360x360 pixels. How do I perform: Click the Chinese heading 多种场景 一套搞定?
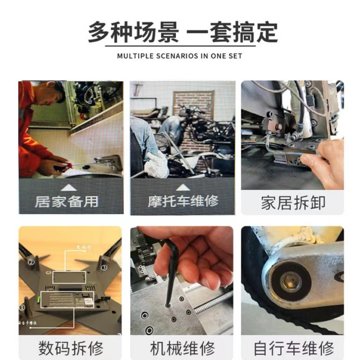click(182, 32)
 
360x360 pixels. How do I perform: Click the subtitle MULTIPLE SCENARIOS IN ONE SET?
click(180, 56)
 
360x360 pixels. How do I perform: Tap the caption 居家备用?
click(66, 201)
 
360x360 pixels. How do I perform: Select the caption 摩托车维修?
click(183, 201)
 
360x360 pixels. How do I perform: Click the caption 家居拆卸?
click(293, 203)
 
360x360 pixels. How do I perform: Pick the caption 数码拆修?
click(71, 348)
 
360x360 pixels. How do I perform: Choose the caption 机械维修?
click(182, 348)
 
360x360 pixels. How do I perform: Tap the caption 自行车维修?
click(293, 348)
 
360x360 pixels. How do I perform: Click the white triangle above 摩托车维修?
click(183, 188)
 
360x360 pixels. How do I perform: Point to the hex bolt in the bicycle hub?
click(291, 281)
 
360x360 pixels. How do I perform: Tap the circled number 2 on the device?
click(31, 262)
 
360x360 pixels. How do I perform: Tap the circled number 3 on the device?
click(104, 268)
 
